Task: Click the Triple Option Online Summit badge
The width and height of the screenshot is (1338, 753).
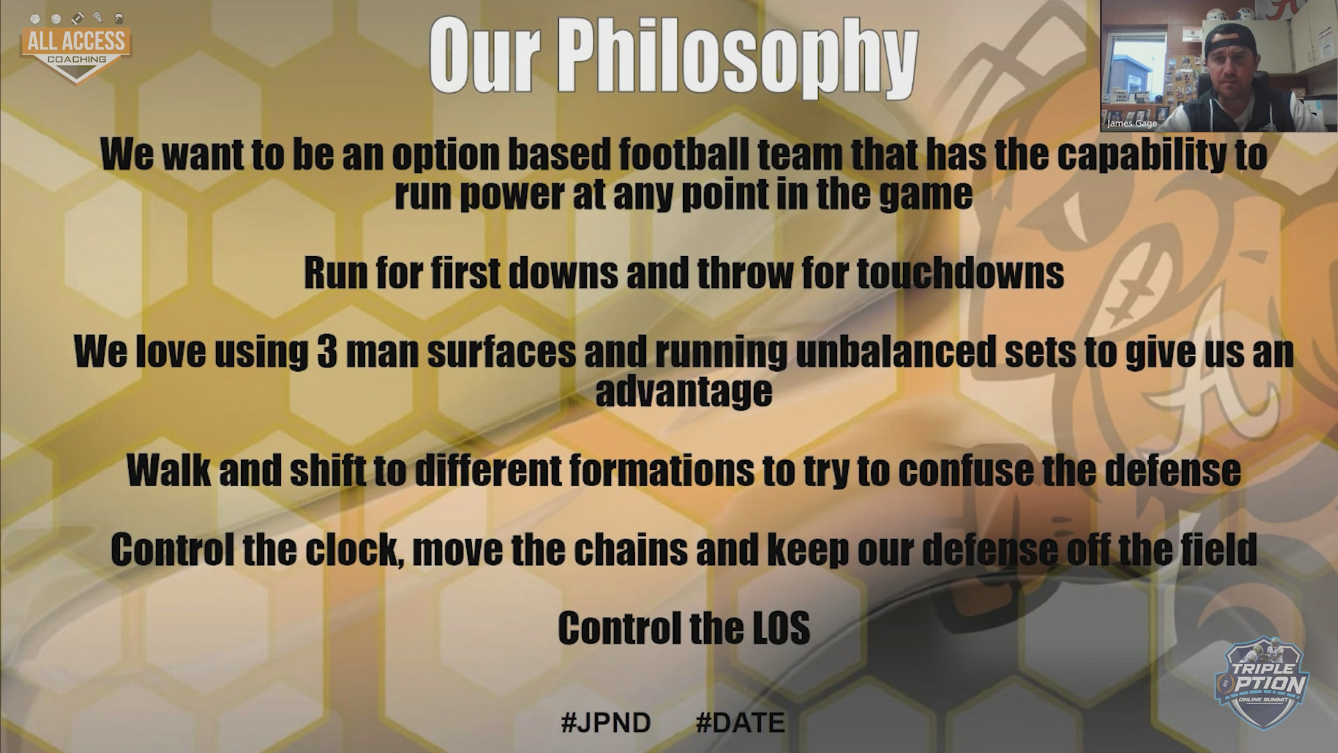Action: pyautogui.click(x=1261, y=683)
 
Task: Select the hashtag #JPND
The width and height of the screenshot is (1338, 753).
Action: pyautogui.click(x=606, y=722)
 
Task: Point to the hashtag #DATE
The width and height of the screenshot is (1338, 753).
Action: pyautogui.click(x=740, y=722)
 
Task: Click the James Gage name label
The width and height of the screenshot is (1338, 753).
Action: pyautogui.click(x=1132, y=123)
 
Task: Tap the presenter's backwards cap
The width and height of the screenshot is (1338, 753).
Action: pyautogui.click(x=1231, y=38)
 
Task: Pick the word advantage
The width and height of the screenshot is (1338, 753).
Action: pyautogui.click(x=684, y=391)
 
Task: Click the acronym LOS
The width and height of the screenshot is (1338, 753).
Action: pyautogui.click(x=781, y=628)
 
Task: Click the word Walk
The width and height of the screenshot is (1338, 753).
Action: pyautogui.click(x=169, y=471)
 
